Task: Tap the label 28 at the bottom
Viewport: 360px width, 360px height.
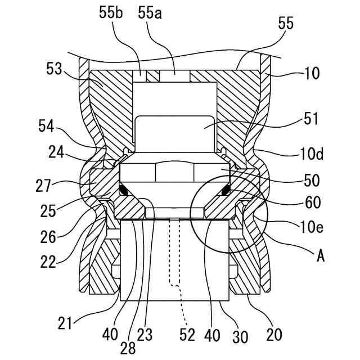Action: [x=129, y=348]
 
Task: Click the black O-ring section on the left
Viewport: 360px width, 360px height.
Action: [x=128, y=191]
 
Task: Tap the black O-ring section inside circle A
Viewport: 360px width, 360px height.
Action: [x=225, y=191]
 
